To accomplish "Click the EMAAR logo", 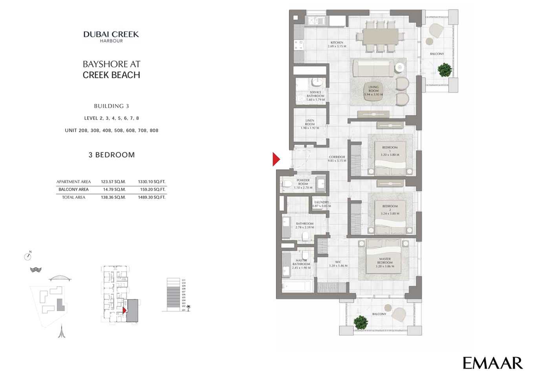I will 492,363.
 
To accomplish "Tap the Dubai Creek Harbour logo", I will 111,36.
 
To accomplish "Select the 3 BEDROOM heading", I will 112,155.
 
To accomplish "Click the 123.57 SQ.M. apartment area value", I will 113,182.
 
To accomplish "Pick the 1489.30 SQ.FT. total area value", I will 152,197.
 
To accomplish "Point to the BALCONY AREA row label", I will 73,189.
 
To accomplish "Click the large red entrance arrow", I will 276,159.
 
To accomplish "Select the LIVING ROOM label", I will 373,91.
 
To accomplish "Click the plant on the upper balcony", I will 444,70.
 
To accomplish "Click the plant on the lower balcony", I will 360,322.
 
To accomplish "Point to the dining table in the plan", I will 380,37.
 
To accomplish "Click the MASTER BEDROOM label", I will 385,262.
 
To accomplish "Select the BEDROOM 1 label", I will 390,151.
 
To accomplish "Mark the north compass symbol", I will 27,257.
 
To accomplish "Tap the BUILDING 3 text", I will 111,106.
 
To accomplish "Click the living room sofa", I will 373,68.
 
